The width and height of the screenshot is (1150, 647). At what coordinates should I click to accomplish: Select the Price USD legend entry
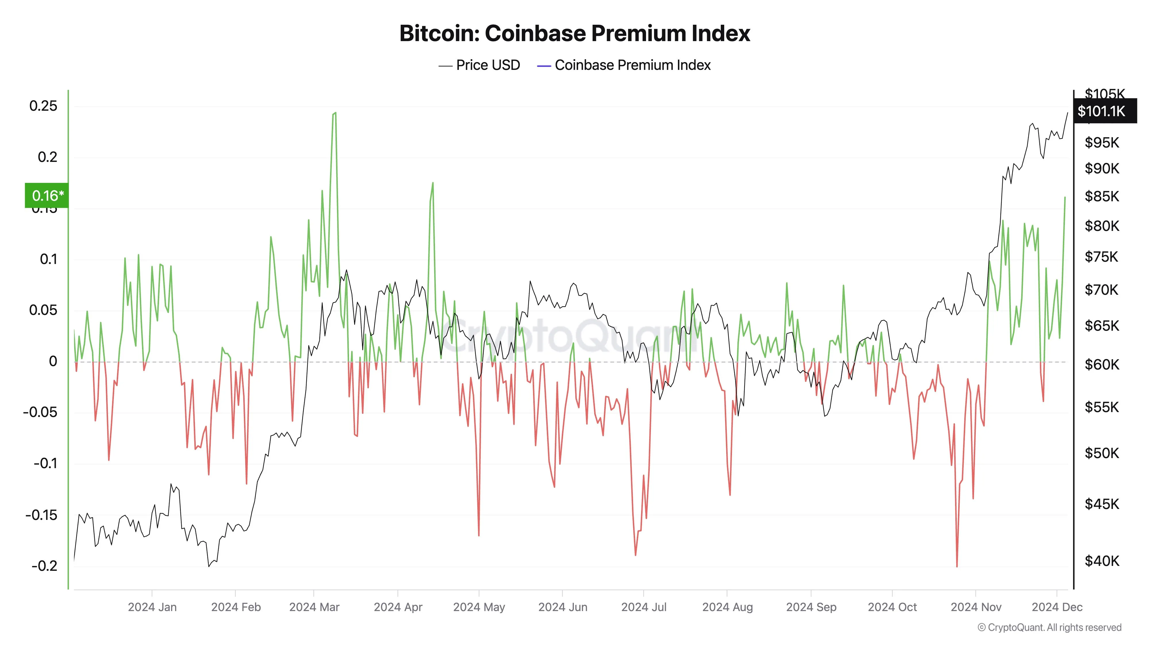[480, 65]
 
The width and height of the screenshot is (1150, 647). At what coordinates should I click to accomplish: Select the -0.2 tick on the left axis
[44, 566]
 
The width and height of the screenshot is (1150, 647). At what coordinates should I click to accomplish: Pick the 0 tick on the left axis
[53, 361]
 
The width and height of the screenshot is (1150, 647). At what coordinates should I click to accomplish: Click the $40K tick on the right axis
[1102, 561]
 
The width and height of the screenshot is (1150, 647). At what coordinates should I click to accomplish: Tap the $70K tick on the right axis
[1102, 290]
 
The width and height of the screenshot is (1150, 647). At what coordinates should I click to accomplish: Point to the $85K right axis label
[1102, 196]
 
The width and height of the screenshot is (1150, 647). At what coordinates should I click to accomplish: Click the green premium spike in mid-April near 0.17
[432, 183]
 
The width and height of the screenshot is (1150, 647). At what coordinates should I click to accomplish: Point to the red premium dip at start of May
[479, 535]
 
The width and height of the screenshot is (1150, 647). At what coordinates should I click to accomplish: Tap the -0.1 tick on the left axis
[45, 464]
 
